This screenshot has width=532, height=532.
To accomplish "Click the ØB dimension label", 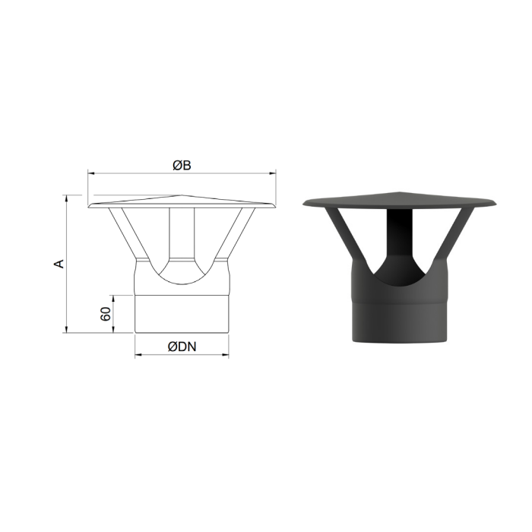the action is pyautogui.click(x=182, y=165).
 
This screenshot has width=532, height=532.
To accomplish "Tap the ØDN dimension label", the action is pyautogui.click(x=182, y=347).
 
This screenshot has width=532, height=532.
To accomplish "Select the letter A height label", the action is pyautogui.click(x=59, y=264).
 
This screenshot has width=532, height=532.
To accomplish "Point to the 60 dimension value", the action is pyautogui.click(x=106, y=314).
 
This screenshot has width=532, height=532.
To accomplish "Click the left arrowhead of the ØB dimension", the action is pyautogui.click(x=91, y=173).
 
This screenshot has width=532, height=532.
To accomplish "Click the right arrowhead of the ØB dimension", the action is pyautogui.click(x=272, y=173).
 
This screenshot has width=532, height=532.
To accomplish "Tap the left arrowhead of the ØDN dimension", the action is pyautogui.click(x=138, y=355).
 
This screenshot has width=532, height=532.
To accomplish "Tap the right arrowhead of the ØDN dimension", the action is pyautogui.click(x=225, y=355).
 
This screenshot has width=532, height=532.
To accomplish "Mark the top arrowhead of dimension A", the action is pyautogui.click(x=67, y=199).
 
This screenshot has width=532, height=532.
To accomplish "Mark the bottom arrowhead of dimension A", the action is pyautogui.click(x=67, y=329).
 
